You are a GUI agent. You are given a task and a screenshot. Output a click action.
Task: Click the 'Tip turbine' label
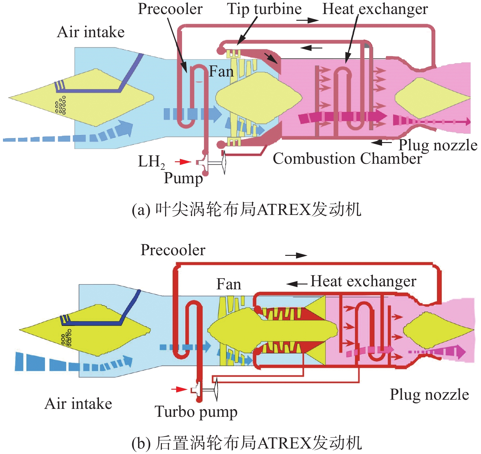(264, 9)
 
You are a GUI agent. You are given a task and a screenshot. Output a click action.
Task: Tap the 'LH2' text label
(151, 162)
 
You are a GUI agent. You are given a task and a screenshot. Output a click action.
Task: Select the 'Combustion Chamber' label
(347, 159)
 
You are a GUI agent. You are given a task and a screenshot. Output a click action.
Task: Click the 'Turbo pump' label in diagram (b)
(196, 412)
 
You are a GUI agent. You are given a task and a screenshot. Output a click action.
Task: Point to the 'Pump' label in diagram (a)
(183, 178)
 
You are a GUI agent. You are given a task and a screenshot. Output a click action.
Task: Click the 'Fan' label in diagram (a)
(221, 72)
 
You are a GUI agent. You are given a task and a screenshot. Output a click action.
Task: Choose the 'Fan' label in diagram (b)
(228, 284)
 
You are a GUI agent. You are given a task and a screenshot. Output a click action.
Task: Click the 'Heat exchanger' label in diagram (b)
(363, 281)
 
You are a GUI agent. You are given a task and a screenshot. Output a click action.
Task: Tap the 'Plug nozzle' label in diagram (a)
(438, 145)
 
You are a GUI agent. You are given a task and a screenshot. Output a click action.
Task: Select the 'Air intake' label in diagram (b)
(78, 404)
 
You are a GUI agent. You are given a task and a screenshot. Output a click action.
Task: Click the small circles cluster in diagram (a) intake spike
(60, 105)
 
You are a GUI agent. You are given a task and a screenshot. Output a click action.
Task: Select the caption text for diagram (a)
(246, 210)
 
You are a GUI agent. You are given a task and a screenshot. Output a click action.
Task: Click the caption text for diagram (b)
(246, 443)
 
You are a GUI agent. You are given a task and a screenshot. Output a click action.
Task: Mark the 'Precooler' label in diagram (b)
(173, 250)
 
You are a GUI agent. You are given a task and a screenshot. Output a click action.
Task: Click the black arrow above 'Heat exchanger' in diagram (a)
(308, 20)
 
